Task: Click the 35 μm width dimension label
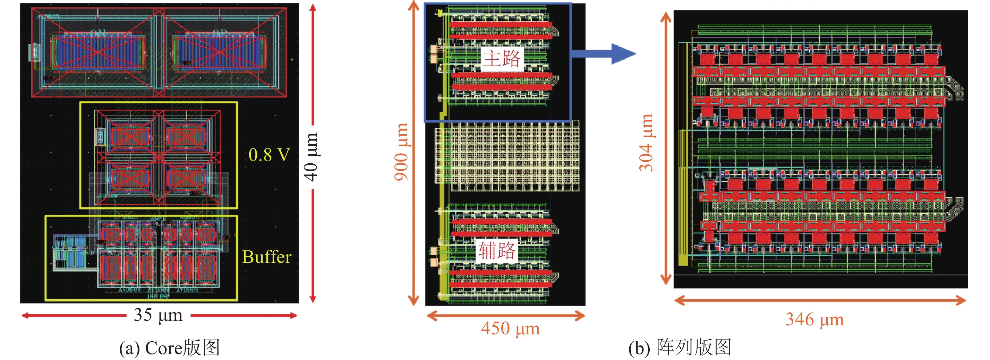(158, 315)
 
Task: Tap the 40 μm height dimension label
(311, 157)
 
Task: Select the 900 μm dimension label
(401, 152)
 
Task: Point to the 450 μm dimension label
(510, 329)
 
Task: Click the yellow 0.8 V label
(269, 155)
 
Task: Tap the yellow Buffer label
(267, 257)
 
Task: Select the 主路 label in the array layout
(502, 59)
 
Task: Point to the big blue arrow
(603, 53)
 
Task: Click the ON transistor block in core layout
(99, 52)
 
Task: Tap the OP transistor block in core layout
(219, 52)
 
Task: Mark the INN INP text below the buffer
(158, 296)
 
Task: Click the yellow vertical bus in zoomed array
(683, 154)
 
